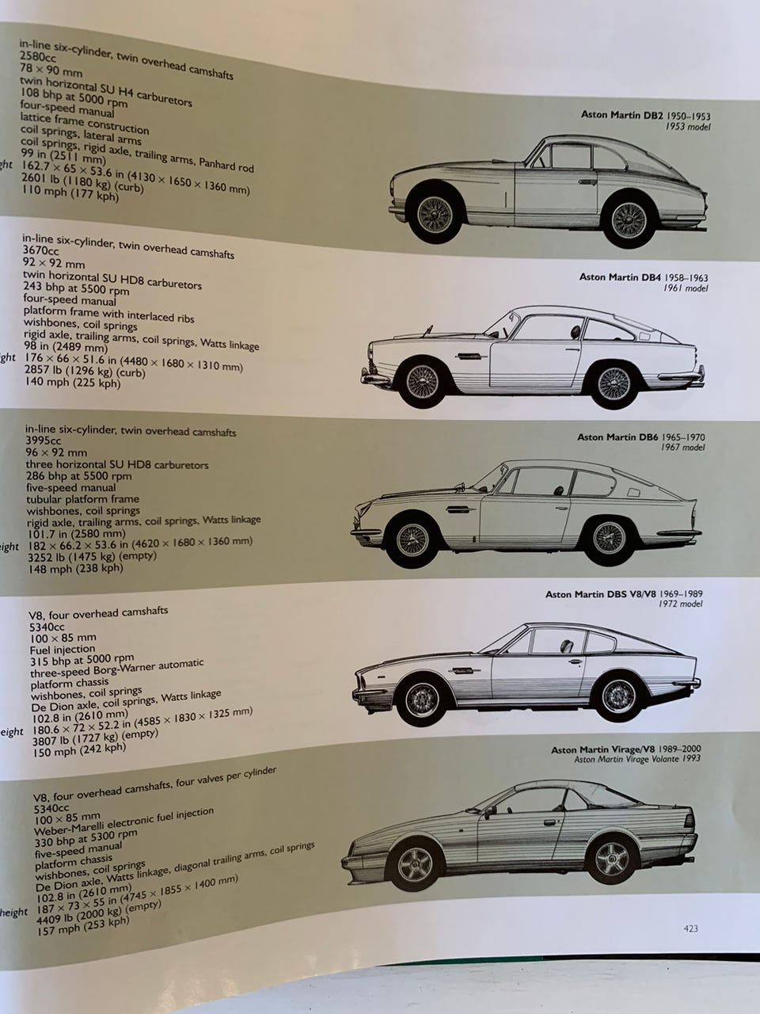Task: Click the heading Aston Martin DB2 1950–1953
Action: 645,114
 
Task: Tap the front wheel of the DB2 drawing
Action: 435,213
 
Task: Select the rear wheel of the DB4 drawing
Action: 614,383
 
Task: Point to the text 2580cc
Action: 38,57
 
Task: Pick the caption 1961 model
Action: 686,288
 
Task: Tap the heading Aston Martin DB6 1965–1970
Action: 641,436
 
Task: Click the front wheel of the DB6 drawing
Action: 412,539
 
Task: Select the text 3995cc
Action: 44,440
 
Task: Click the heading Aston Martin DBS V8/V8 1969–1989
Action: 625,593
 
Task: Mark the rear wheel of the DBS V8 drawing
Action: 618,696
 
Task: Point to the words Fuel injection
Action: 63,649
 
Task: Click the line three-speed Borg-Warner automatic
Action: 116,668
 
